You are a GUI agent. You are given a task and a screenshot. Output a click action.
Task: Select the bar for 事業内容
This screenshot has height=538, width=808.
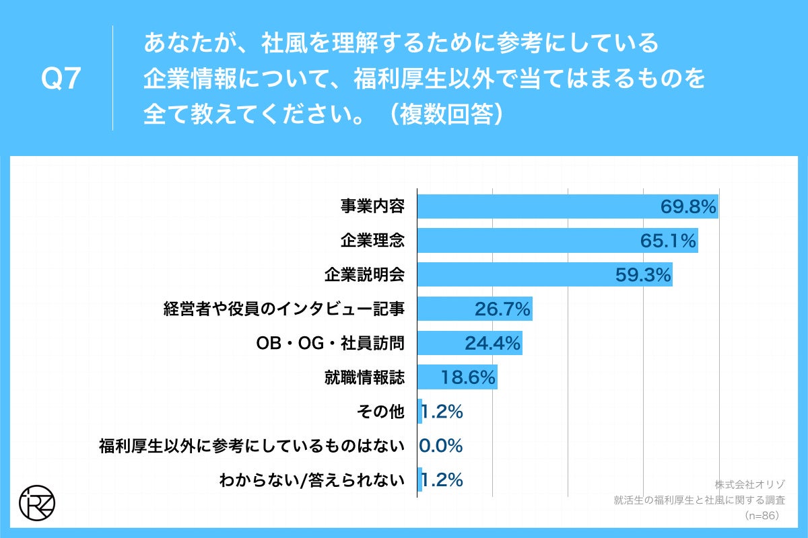(x=568, y=206)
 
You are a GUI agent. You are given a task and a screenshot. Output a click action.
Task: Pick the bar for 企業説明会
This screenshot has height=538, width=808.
(x=544, y=275)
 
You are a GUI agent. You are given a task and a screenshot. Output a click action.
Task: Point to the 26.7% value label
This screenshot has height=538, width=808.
(x=502, y=309)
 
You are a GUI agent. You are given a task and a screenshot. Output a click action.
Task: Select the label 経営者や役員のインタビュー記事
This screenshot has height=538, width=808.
(x=284, y=309)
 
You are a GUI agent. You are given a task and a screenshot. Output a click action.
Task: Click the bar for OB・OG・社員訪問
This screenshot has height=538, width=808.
(x=469, y=344)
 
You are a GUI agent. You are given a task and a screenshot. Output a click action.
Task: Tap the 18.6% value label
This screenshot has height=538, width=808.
(x=468, y=378)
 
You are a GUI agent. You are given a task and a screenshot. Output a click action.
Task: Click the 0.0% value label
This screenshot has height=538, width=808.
(x=441, y=447)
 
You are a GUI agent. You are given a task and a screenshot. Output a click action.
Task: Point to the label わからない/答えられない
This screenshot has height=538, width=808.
(x=312, y=481)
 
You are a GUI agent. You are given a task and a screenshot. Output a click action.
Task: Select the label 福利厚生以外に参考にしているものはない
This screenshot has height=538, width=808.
(x=252, y=447)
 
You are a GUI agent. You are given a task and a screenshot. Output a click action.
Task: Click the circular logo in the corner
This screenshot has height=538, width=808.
(x=38, y=501)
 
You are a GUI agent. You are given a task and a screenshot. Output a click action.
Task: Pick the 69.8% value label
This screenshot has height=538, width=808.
(x=687, y=206)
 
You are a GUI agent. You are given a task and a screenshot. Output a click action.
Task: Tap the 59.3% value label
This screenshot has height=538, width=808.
(x=642, y=275)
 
